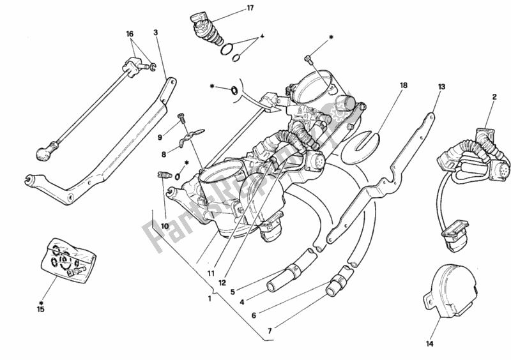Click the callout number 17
[x=215, y=8]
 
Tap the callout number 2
[x=494, y=97]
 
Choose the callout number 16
[x=130, y=33]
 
